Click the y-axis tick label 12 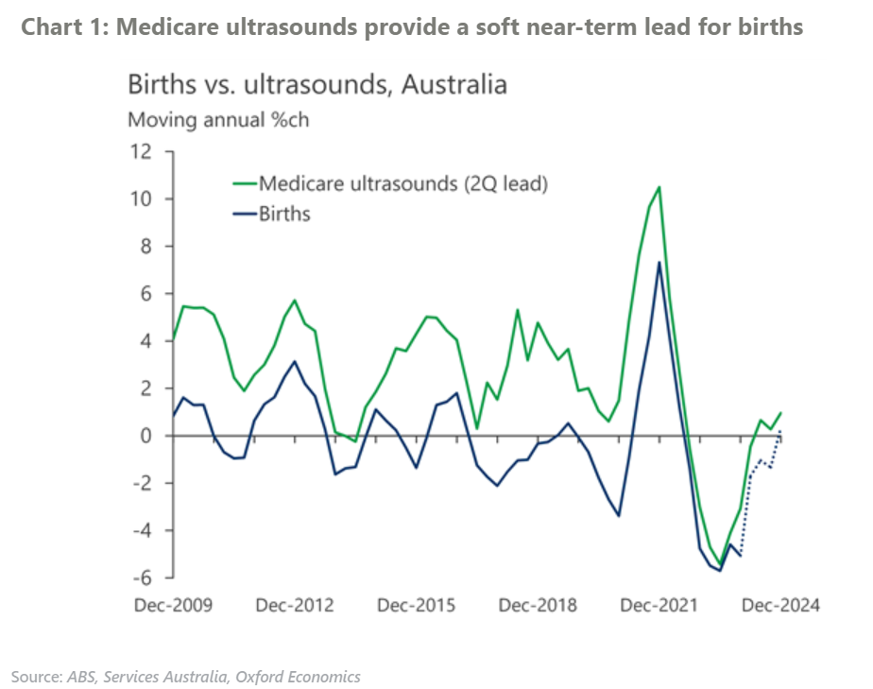coord(140,151)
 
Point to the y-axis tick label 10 coord(140,198)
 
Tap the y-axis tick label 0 coord(147,436)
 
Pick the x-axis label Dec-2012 coord(295,605)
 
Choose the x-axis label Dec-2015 coord(416,605)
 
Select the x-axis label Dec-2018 coord(537,605)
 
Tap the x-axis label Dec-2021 coord(659,605)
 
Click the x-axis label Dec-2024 coord(780,605)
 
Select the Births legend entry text coord(284,213)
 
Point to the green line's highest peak coord(659,187)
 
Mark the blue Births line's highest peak coord(659,263)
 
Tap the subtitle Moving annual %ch coord(218,121)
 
